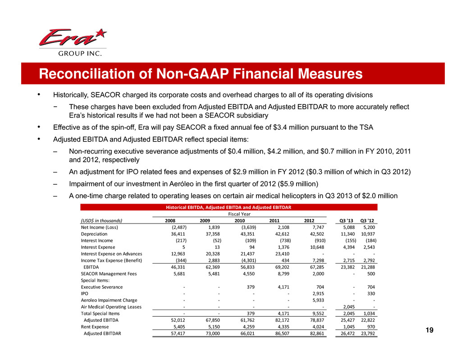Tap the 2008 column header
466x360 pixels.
[169, 221]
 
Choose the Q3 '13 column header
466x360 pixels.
[347, 221]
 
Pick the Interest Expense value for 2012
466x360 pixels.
[315, 247]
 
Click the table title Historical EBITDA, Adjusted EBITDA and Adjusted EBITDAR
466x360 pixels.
[228, 207]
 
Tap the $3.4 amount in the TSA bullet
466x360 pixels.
[289, 127]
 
